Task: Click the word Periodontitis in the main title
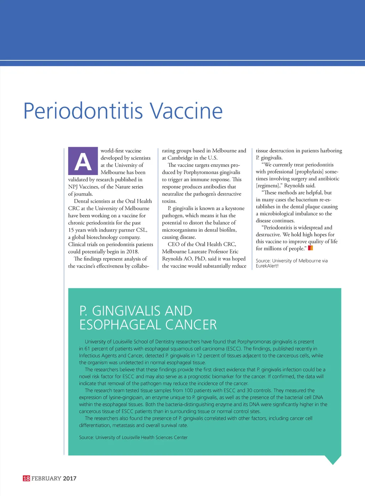coord(83,111)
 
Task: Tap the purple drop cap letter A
coord(83,161)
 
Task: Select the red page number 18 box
coord(26,478)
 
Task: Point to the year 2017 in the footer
coord(70,478)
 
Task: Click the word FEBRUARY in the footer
coord(46,478)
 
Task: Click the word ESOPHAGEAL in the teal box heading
coord(120,325)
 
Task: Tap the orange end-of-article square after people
coord(310,248)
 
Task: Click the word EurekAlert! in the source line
coord(267,266)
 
